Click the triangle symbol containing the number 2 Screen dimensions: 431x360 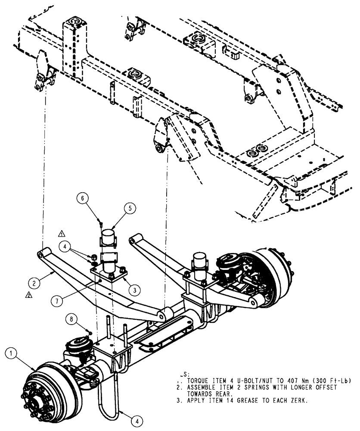28,296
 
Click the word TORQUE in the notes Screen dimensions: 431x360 199,381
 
